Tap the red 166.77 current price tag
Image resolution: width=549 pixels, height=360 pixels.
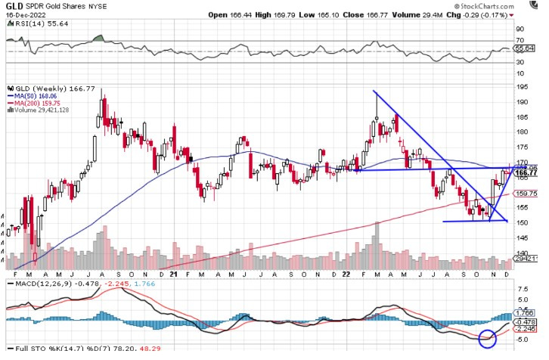pos(526,173)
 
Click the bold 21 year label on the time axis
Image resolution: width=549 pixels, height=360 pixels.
pos(174,274)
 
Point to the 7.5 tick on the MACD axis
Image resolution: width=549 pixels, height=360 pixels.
pos(521,288)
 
